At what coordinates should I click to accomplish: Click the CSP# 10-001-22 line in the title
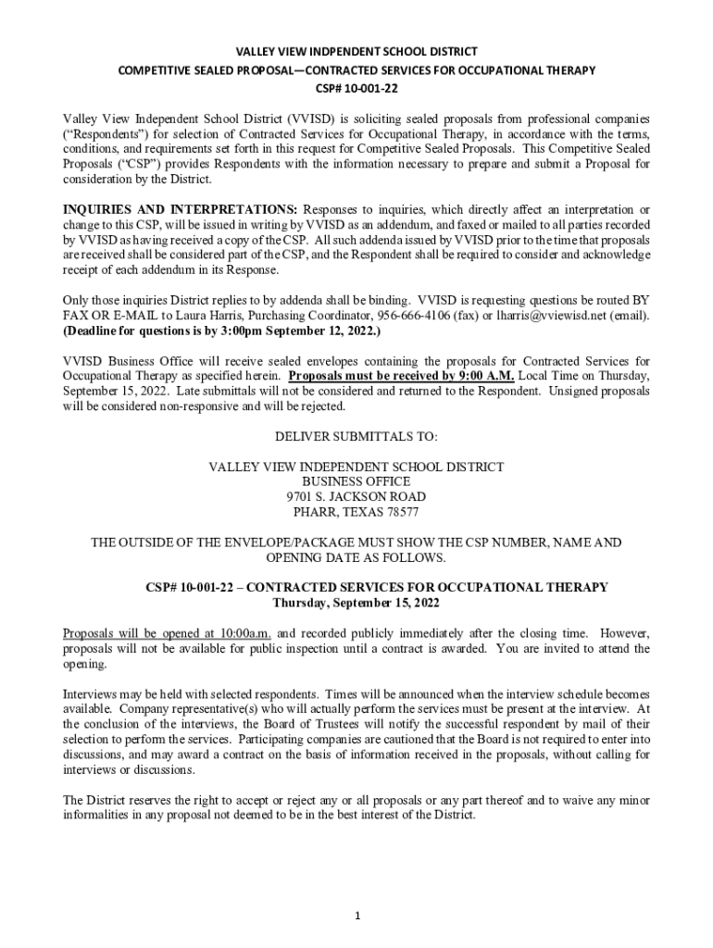click(356, 89)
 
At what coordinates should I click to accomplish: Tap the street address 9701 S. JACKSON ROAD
click(356, 496)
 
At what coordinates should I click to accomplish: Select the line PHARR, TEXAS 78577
click(356, 511)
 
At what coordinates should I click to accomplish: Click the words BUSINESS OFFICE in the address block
click(356, 481)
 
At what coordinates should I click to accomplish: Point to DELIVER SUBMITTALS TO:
click(356, 436)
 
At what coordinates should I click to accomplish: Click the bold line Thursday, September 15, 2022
click(356, 603)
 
